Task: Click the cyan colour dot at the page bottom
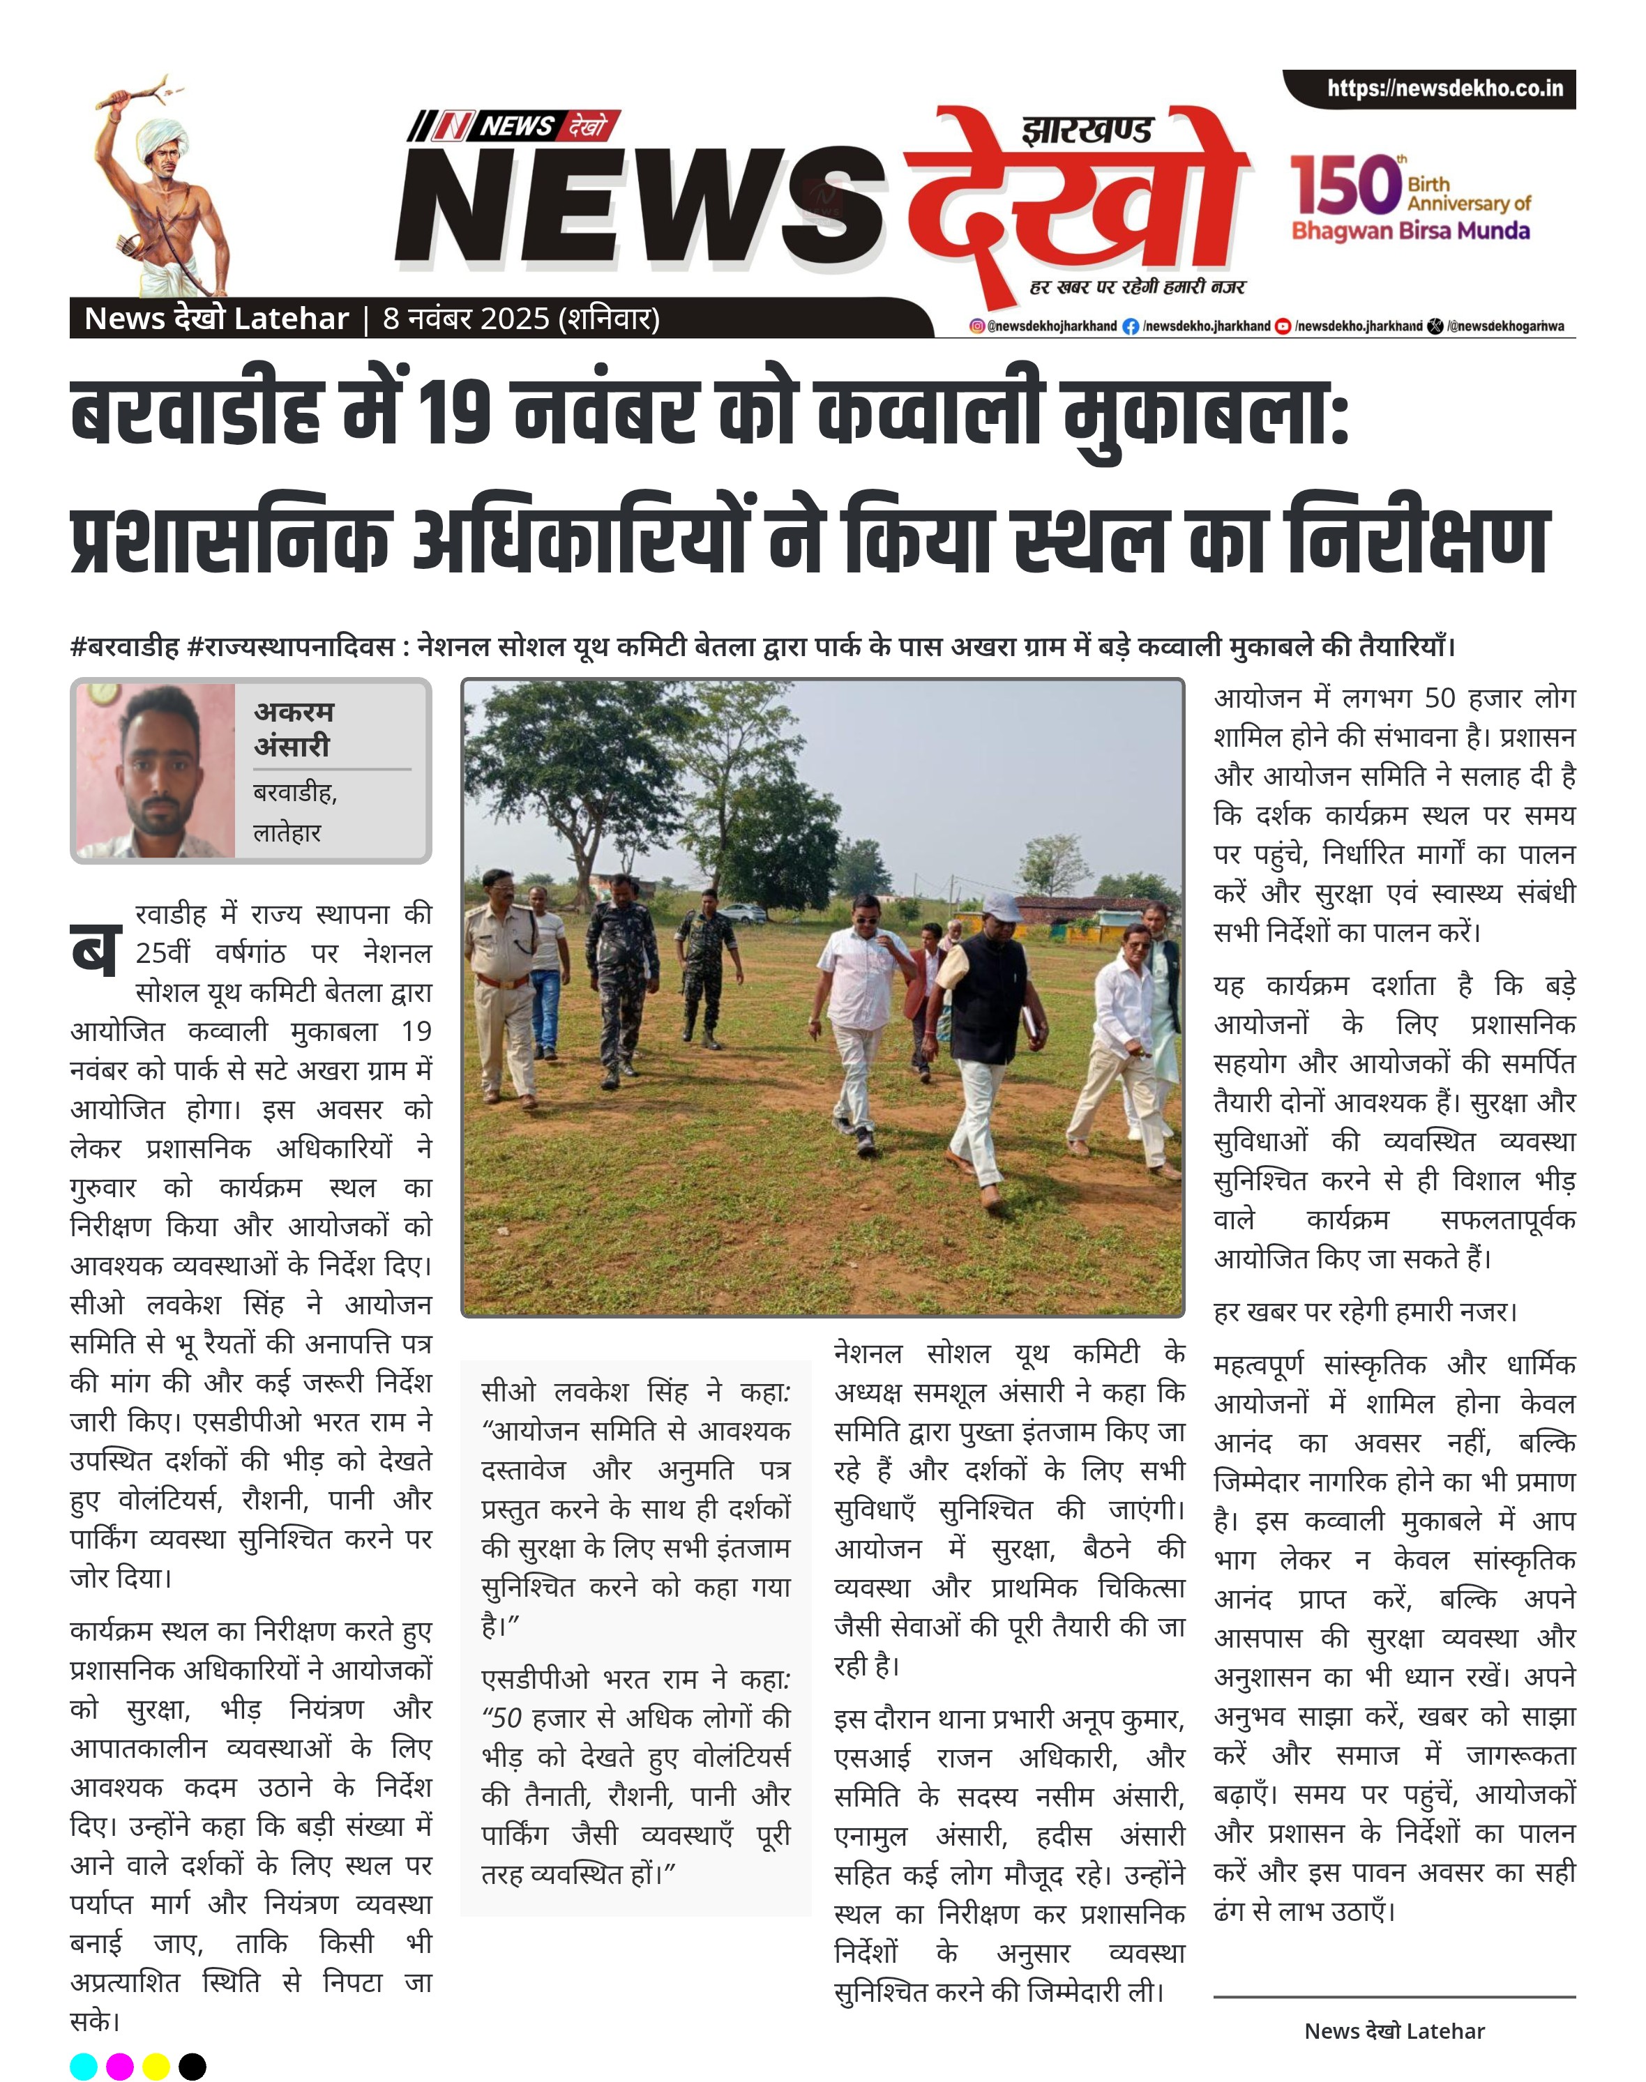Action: pyautogui.click(x=84, y=2066)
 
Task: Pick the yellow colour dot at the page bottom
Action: pyautogui.click(x=156, y=2066)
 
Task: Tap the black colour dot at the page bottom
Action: pyautogui.click(x=192, y=2066)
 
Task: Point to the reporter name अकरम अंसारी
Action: pyautogui.click(x=293, y=729)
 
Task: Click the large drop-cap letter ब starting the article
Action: pyautogui.click(x=94, y=949)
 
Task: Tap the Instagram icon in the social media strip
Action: pyautogui.click(x=977, y=326)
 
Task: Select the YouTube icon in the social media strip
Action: pyautogui.click(x=1283, y=326)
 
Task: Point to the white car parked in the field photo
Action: pyautogui.click(x=743, y=911)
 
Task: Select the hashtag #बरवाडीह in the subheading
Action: pyautogui.click(x=126, y=646)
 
